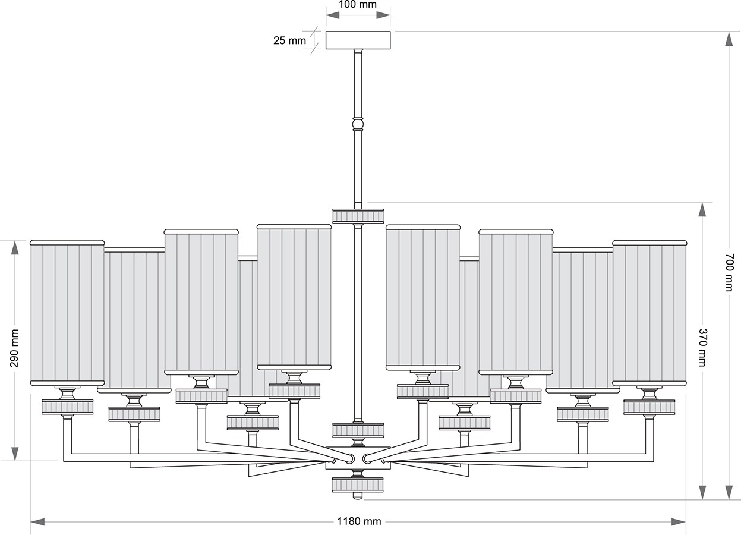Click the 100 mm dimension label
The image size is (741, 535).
tap(358, 4)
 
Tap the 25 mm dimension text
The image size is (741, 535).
tap(289, 40)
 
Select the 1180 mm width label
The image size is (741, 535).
tap(359, 521)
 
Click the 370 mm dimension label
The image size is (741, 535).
tap(702, 347)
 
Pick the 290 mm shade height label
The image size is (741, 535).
tap(14, 348)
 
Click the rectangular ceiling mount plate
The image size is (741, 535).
tap(358, 40)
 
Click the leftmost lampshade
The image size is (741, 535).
tap(67, 313)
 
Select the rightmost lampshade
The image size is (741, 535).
tap(649, 313)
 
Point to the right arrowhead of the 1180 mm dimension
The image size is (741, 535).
tap(679, 522)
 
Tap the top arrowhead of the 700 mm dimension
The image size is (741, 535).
tap(729, 39)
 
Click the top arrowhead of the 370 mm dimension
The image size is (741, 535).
tap(702, 209)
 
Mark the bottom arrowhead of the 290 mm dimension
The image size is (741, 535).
tap(15, 454)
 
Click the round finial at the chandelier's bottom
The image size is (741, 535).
tap(358, 495)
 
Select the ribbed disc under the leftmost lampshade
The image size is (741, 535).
tap(68, 407)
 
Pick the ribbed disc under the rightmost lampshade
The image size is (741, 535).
tap(649, 407)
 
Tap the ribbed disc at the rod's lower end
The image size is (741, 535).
tap(358, 430)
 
